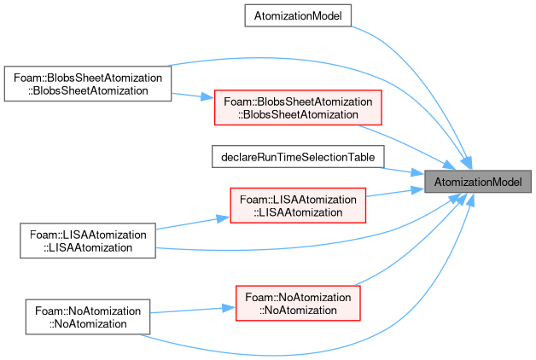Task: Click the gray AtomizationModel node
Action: [478, 182]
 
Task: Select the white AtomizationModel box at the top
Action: [298, 15]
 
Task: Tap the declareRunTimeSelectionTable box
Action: [298, 157]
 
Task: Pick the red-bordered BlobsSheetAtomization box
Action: [298, 107]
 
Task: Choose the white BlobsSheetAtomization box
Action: [88, 84]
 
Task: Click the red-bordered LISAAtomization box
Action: [298, 206]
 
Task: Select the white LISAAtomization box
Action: [88, 241]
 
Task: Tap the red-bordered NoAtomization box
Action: [298, 304]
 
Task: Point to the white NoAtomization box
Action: [88, 317]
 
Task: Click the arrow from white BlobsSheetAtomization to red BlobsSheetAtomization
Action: [193, 96]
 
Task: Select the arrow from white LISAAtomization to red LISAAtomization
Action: [192, 223]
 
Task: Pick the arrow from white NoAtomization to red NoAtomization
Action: [192, 311]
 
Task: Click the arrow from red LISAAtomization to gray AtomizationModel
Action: [395, 192]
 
